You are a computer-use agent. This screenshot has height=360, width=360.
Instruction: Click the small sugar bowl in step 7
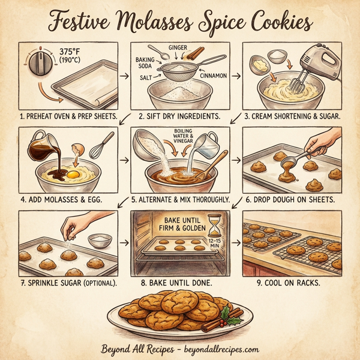pyautogui.click(x=100, y=240)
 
